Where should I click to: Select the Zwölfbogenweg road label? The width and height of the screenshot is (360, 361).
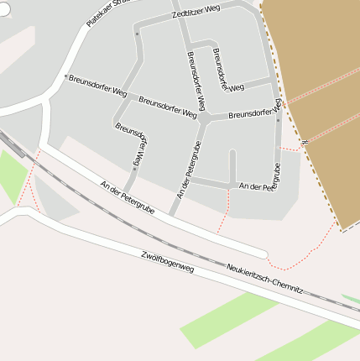click(x=168, y=261)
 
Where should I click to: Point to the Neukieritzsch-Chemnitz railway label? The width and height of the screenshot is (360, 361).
click(x=264, y=280)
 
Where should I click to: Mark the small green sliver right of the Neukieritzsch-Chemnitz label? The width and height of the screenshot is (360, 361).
click(x=351, y=299)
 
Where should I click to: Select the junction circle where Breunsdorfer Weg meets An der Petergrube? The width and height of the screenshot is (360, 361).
click(x=203, y=119)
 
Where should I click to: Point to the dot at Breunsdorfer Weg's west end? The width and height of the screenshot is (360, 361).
click(x=65, y=76)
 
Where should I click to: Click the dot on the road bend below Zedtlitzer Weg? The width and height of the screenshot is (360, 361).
click(x=137, y=34)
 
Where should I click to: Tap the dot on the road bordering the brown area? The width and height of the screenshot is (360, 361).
click(x=278, y=120)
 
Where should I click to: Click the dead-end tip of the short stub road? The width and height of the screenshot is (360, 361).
click(x=232, y=154)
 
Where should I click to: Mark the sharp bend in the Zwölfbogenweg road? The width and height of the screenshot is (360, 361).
click(x=25, y=210)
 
